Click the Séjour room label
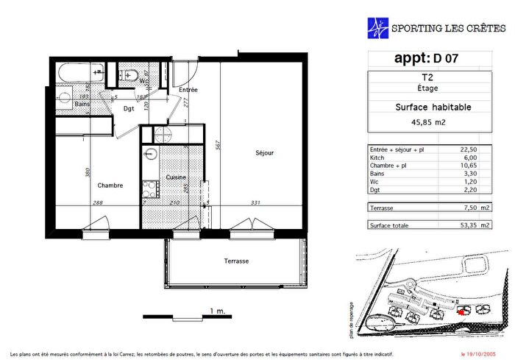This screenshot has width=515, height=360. click(265, 153)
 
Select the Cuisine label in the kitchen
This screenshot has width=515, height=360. click(176, 177)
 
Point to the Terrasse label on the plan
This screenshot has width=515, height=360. click(236, 261)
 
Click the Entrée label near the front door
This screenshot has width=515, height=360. click(188, 90)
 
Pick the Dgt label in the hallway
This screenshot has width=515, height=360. click(128, 109)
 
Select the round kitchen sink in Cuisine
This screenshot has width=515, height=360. click(151, 154)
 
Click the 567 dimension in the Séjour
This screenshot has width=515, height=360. click(218, 146)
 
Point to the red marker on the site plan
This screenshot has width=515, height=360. click(461, 312)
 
